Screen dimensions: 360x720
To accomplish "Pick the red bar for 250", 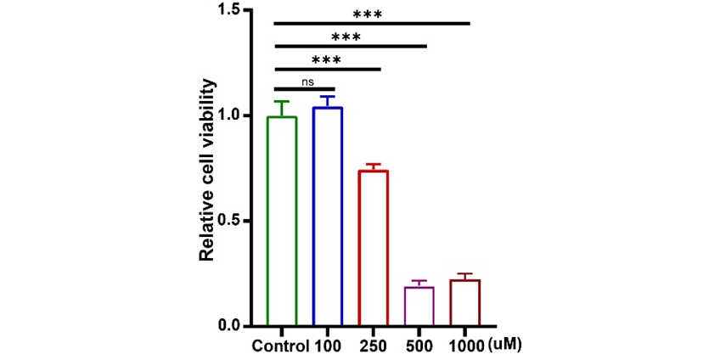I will click(x=374, y=248).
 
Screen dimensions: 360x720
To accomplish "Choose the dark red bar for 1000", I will click(x=466, y=303).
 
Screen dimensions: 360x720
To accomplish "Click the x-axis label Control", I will click(x=280, y=346).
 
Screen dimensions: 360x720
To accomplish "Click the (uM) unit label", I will click(x=505, y=346).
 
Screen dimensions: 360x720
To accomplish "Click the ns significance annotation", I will click(x=307, y=82).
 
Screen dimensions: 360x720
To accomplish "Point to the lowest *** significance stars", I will click(x=326, y=60).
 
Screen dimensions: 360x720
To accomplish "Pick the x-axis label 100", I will click(x=328, y=346).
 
